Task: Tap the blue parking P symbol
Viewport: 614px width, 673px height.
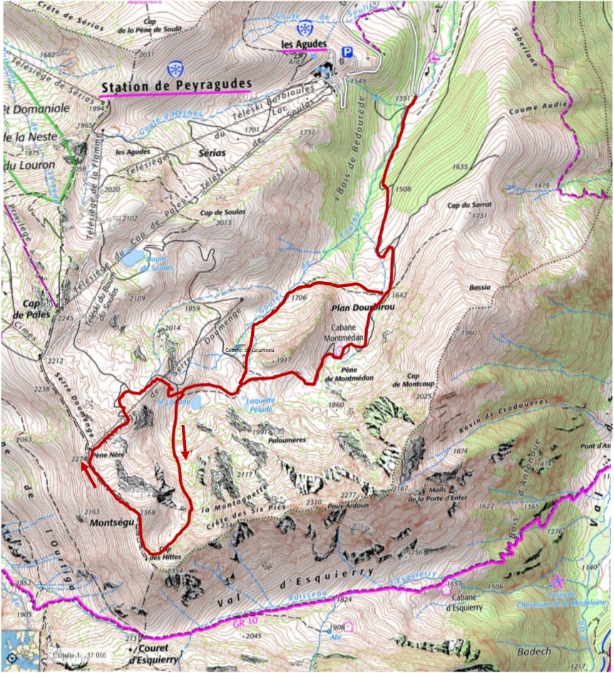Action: [347, 52]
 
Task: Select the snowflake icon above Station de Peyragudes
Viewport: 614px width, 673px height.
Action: [173, 69]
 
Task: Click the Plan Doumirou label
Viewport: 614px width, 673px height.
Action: [363, 308]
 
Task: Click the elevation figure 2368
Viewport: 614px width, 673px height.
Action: [148, 512]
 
